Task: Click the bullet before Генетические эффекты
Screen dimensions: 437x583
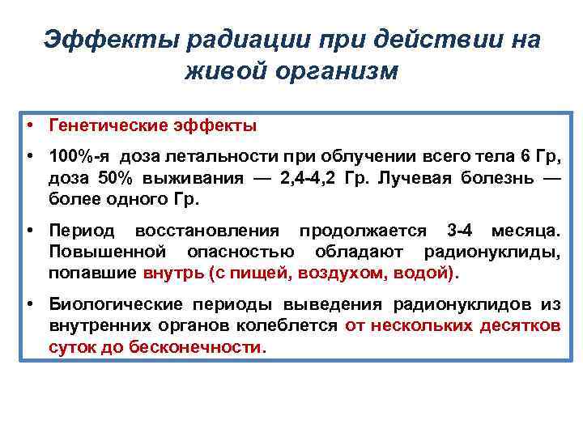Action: (x=28, y=125)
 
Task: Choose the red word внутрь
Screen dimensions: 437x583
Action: (x=173, y=273)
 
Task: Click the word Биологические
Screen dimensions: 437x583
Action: (x=117, y=305)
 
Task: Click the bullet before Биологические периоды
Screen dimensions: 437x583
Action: (x=28, y=305)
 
